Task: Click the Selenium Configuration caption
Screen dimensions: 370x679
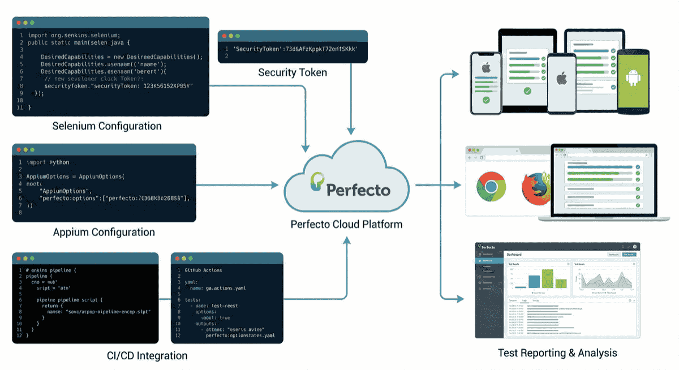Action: coord(107,126)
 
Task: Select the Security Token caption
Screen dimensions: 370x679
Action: coord(293,72)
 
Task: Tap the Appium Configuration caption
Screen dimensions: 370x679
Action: coord(104,232)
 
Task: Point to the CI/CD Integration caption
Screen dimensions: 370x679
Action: coord(147,356)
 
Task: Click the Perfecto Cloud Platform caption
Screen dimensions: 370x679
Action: coord(346,224)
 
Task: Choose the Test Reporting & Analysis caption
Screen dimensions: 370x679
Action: coord(557,353)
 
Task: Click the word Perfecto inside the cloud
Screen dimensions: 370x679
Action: coord(358,190)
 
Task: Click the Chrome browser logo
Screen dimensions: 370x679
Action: coord(490,188)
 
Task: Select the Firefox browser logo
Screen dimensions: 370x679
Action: coord(534,187)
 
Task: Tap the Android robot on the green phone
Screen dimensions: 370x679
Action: coord(632,79)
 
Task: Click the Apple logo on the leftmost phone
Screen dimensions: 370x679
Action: coord(486,68)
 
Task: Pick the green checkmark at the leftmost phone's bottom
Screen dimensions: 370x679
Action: coord(486,100)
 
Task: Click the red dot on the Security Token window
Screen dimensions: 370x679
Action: coord(225,37)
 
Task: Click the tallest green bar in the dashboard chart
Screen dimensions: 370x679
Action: coord(547,278)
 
